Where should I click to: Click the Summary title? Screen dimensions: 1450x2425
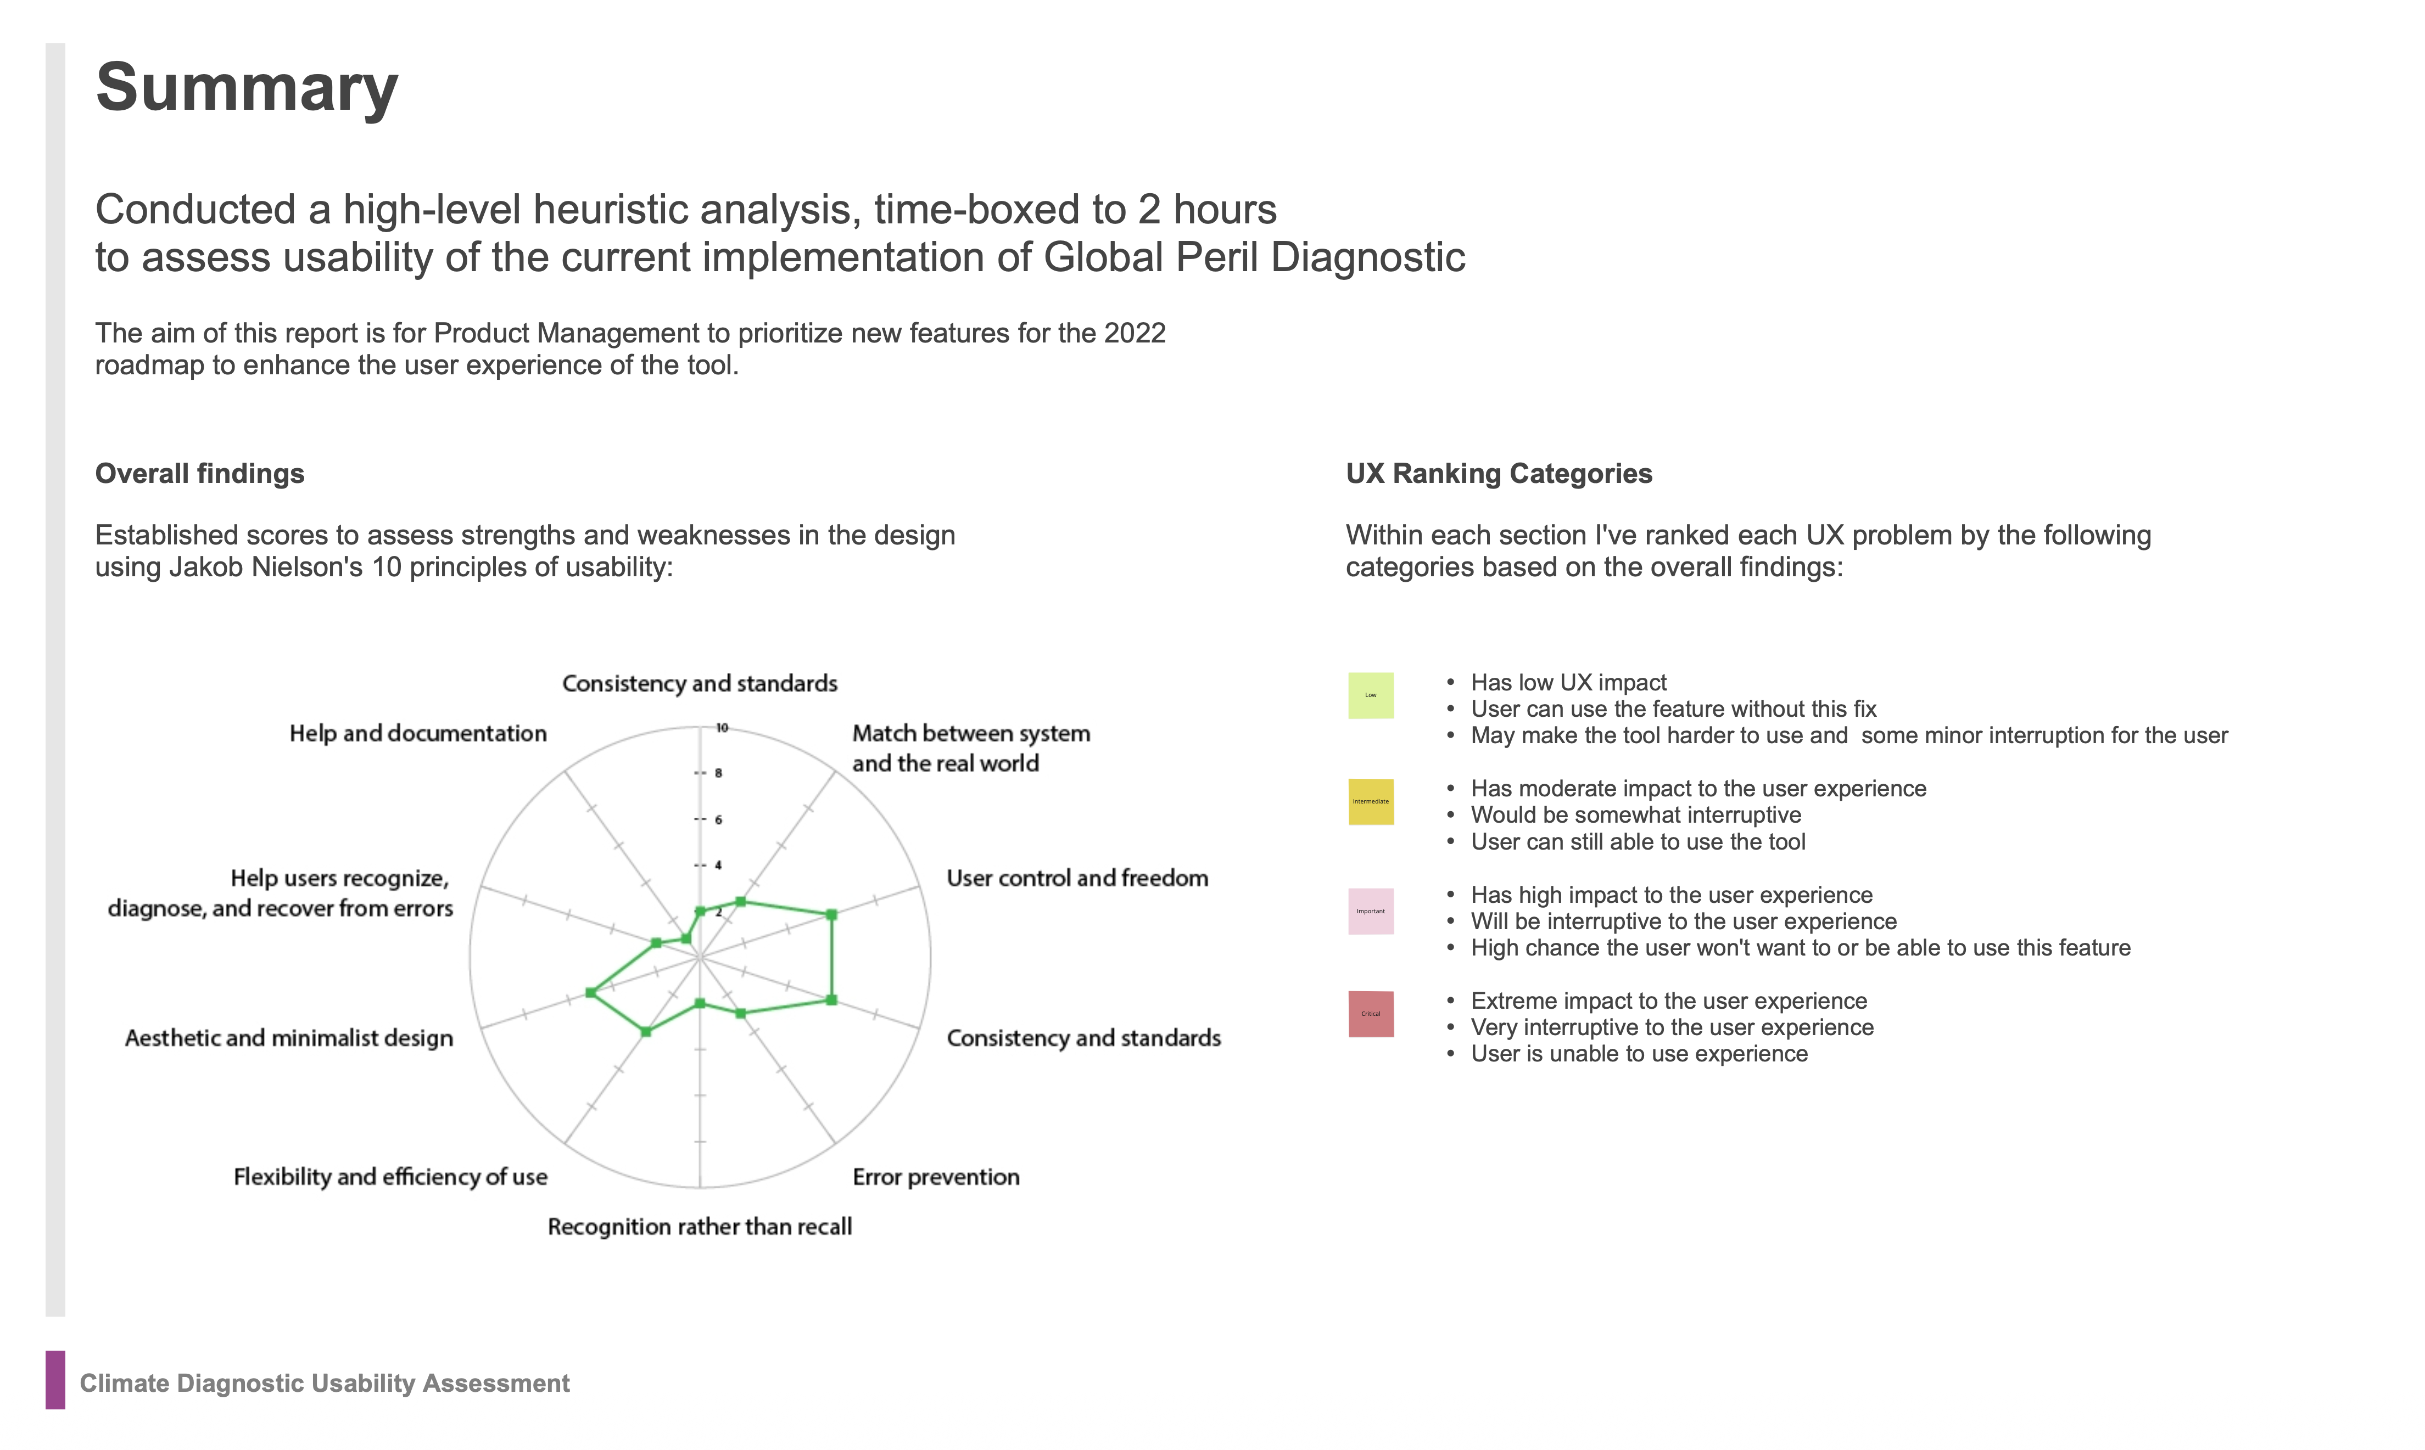point(247,88)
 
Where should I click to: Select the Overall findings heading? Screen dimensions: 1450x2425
point(199,474)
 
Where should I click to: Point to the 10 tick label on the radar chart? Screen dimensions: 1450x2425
point(722,728)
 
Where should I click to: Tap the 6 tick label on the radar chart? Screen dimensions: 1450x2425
point(718,820)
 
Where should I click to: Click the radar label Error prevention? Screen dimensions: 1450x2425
point(935,1177)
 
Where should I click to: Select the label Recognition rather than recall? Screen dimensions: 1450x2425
point(699,1227)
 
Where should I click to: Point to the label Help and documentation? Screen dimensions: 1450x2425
point(417,734)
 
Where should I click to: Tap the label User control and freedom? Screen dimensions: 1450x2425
point(1077,879)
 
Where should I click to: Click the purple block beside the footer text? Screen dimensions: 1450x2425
point(55,1380)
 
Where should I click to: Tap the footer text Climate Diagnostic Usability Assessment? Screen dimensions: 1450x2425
point(325,1384)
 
